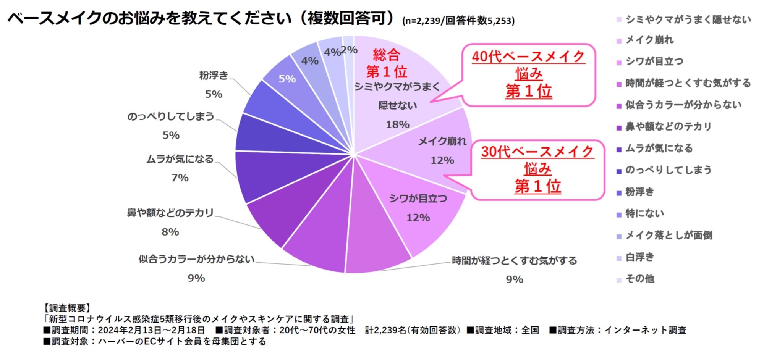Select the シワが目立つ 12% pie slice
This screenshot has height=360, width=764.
coord(416,208)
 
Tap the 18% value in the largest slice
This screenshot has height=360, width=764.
coord(397,124)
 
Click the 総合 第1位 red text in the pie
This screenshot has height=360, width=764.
coord(386,63)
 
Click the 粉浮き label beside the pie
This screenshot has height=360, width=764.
coord(213,75)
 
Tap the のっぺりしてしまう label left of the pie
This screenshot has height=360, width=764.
coord(170,116)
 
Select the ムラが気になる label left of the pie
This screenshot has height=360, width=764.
coord(180,159)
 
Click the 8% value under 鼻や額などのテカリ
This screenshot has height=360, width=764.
coord(170,232)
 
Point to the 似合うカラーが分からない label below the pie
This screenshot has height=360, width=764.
coord(196,259)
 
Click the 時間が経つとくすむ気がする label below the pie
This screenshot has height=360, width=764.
coord(514,261)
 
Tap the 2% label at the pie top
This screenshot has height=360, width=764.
coord(349,50)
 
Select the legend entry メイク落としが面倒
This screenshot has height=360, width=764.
coord(668,235)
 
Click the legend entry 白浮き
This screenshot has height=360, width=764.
coord(639,257)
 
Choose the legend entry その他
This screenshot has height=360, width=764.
coord(639,279)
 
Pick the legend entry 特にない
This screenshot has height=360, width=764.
coord(644,213)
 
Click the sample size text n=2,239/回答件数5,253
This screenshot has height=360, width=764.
coord(458,21)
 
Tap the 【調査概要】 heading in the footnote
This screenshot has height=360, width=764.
coord(67,308)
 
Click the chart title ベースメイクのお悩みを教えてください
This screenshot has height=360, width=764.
coord(149,18)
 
